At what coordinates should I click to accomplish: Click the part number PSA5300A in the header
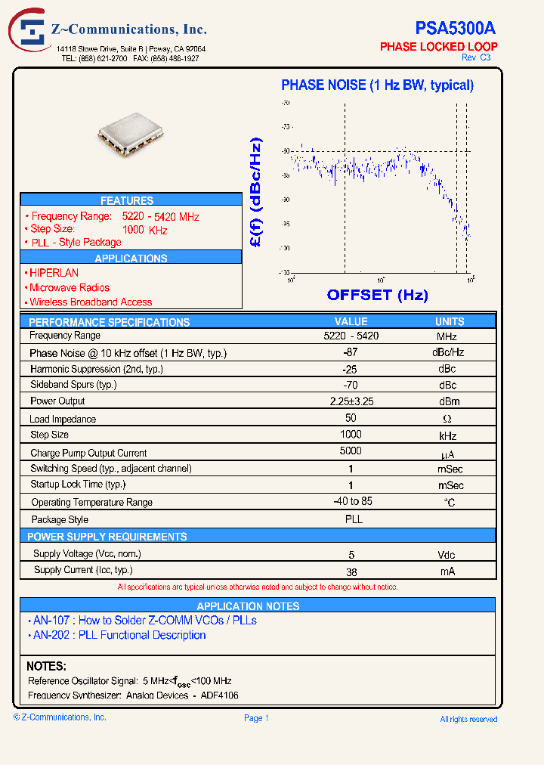[455, 28]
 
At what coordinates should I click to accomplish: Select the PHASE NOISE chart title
[377, 85]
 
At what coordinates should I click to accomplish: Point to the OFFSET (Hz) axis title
[377, 295]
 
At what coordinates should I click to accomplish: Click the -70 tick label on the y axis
[286, 103]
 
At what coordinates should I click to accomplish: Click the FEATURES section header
[127, 200]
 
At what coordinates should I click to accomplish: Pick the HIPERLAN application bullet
[53, 273]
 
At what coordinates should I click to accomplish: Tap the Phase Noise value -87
[350, 352]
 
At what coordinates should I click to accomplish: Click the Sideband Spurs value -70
[350, 385]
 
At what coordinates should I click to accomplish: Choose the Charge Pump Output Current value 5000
[351, 451]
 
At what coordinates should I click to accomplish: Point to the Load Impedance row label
[63, 419]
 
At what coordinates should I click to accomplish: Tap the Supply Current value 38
[351, 572]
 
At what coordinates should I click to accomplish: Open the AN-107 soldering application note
[144, 621]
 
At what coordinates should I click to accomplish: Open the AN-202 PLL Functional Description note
[119, 636]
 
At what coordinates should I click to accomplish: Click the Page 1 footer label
[256, 718]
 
